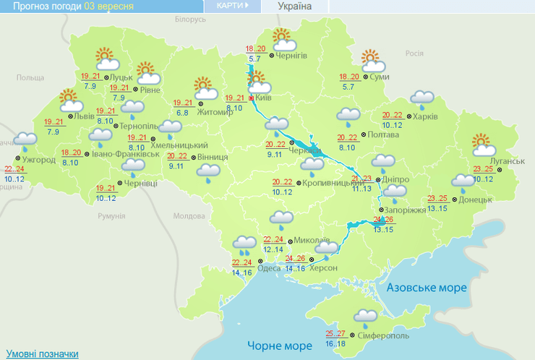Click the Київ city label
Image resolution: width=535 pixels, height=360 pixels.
click(x=264, y=98)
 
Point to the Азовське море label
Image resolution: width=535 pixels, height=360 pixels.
click(x=427, y=288)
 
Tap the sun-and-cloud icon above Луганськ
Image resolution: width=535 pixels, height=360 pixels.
click(x=485, y=145)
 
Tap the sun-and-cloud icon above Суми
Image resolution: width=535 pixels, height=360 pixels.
click(x=371, y=59)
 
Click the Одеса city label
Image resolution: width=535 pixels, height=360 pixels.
click(x=269, y=268)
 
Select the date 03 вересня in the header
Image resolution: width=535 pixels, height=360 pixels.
click(x=108, y=7)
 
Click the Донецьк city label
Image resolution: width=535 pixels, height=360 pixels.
click(x=475, y=199)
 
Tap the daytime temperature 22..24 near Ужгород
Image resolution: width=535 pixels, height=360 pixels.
click(x=14, y=168)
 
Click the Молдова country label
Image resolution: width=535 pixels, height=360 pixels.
click(x=189, y=215)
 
